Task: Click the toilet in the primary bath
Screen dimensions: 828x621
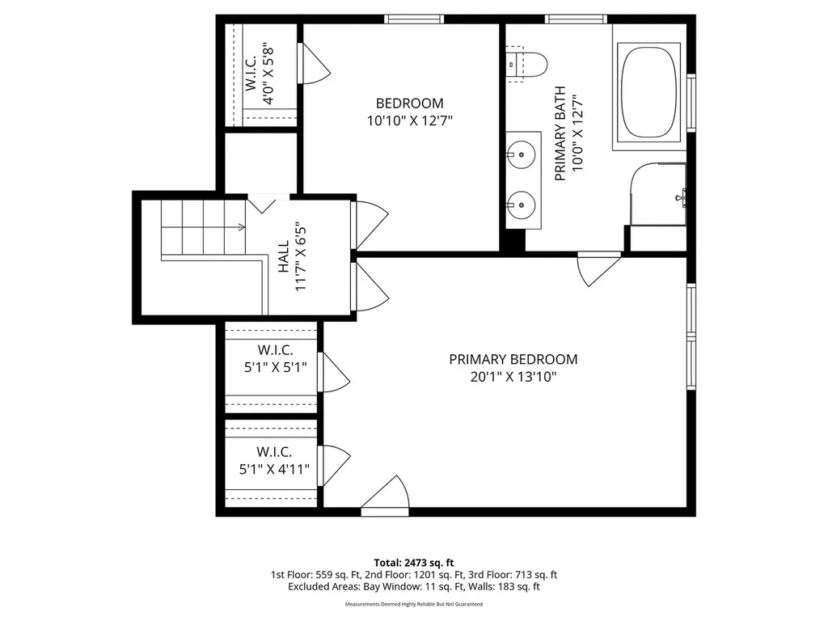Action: [526, 64]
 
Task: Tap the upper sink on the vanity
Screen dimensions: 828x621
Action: [522, 154]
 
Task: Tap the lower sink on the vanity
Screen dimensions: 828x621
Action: [522, 205]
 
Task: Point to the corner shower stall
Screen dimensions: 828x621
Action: [658, 194]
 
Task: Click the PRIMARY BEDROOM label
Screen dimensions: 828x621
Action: [513, 360]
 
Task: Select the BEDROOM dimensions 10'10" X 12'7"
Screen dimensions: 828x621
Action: [410, 121]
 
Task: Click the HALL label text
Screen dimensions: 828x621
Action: [284, 256]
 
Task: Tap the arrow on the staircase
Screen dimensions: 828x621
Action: [203, 227]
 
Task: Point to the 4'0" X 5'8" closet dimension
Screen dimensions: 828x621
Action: [268, 73]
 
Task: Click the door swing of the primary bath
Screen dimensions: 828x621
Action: [599, 269]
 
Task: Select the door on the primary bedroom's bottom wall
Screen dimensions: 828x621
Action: [385, 496]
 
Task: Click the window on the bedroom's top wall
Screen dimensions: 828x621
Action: [414, 19]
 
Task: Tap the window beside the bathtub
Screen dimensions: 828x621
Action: [691, 103]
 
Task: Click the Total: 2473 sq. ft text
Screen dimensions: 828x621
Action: [414, 563]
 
